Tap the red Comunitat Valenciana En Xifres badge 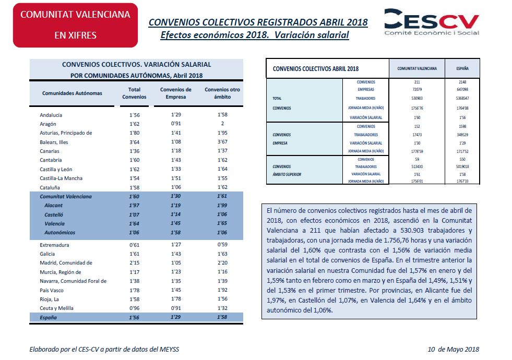pyautogui.click(x=76, y=25)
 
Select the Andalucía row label pyautogui.click(x=51, y=115)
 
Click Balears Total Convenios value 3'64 pyautogui.click(x=134, y=142)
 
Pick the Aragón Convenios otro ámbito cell pyautogui.click(x=222, y=124)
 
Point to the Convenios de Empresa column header pyautogui.click(x=176, y=93)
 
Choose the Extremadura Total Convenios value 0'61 pyautogui.click(x=134, y=245)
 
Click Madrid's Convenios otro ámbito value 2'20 pyautogui.click(x=222, y=262)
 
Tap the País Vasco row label pyautogui.click(x=52, y=290)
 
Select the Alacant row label pyautogui.click(x=54, y=205)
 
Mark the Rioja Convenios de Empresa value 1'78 pyautogui.click(x=176, y=298)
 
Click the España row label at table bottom pyautogui.click(x=49, y=317)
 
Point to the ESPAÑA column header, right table pyautogui.click(x=462, y=68)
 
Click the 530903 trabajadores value pyautogui.click(x=417, y=98)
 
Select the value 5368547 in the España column pyautogui.click(x=462, y=98)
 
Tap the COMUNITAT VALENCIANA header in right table pyautogui.click(x=417, y=68)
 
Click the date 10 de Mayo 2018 pyautogui.click(x=453, y=349)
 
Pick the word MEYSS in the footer pyautogui.click(x=169, y=349)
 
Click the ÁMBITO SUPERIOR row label pyautogui.click(x=287, y=174)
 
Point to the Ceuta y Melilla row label pyautogui.click(x=56, y=308)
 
